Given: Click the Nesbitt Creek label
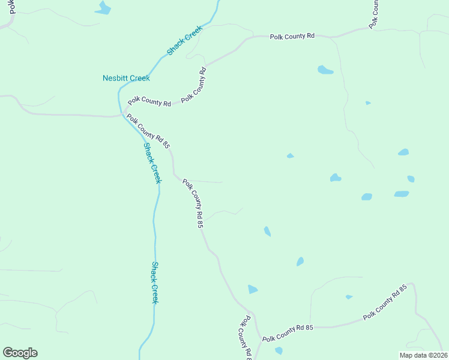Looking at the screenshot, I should [x=126, y=78].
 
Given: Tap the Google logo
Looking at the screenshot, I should [x=20, y=353].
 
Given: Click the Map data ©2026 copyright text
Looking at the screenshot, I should [x=423, y=355].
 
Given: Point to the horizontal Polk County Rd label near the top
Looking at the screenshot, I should [x=292, y=37].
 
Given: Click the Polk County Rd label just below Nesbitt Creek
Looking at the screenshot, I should [x=149, y=102].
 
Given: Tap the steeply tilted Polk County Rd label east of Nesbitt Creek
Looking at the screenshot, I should [x=195, y=84].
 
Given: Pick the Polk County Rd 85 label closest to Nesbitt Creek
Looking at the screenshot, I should [x=148, y=133].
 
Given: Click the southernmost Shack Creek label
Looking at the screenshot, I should [x=154, y=283].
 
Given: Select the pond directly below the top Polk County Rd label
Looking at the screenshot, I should [x=325, y=70].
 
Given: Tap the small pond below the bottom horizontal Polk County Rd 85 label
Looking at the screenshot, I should [x=279, y=350].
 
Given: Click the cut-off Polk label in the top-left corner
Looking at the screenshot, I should [x=12, y=7].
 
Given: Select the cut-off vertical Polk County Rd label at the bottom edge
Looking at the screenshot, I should [x=246, y=339].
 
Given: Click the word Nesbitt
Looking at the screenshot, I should [x=114, y=78].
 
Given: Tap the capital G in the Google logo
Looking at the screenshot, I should [x=8, y=353].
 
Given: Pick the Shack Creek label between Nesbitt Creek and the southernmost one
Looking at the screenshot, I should [x=152, y=163].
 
